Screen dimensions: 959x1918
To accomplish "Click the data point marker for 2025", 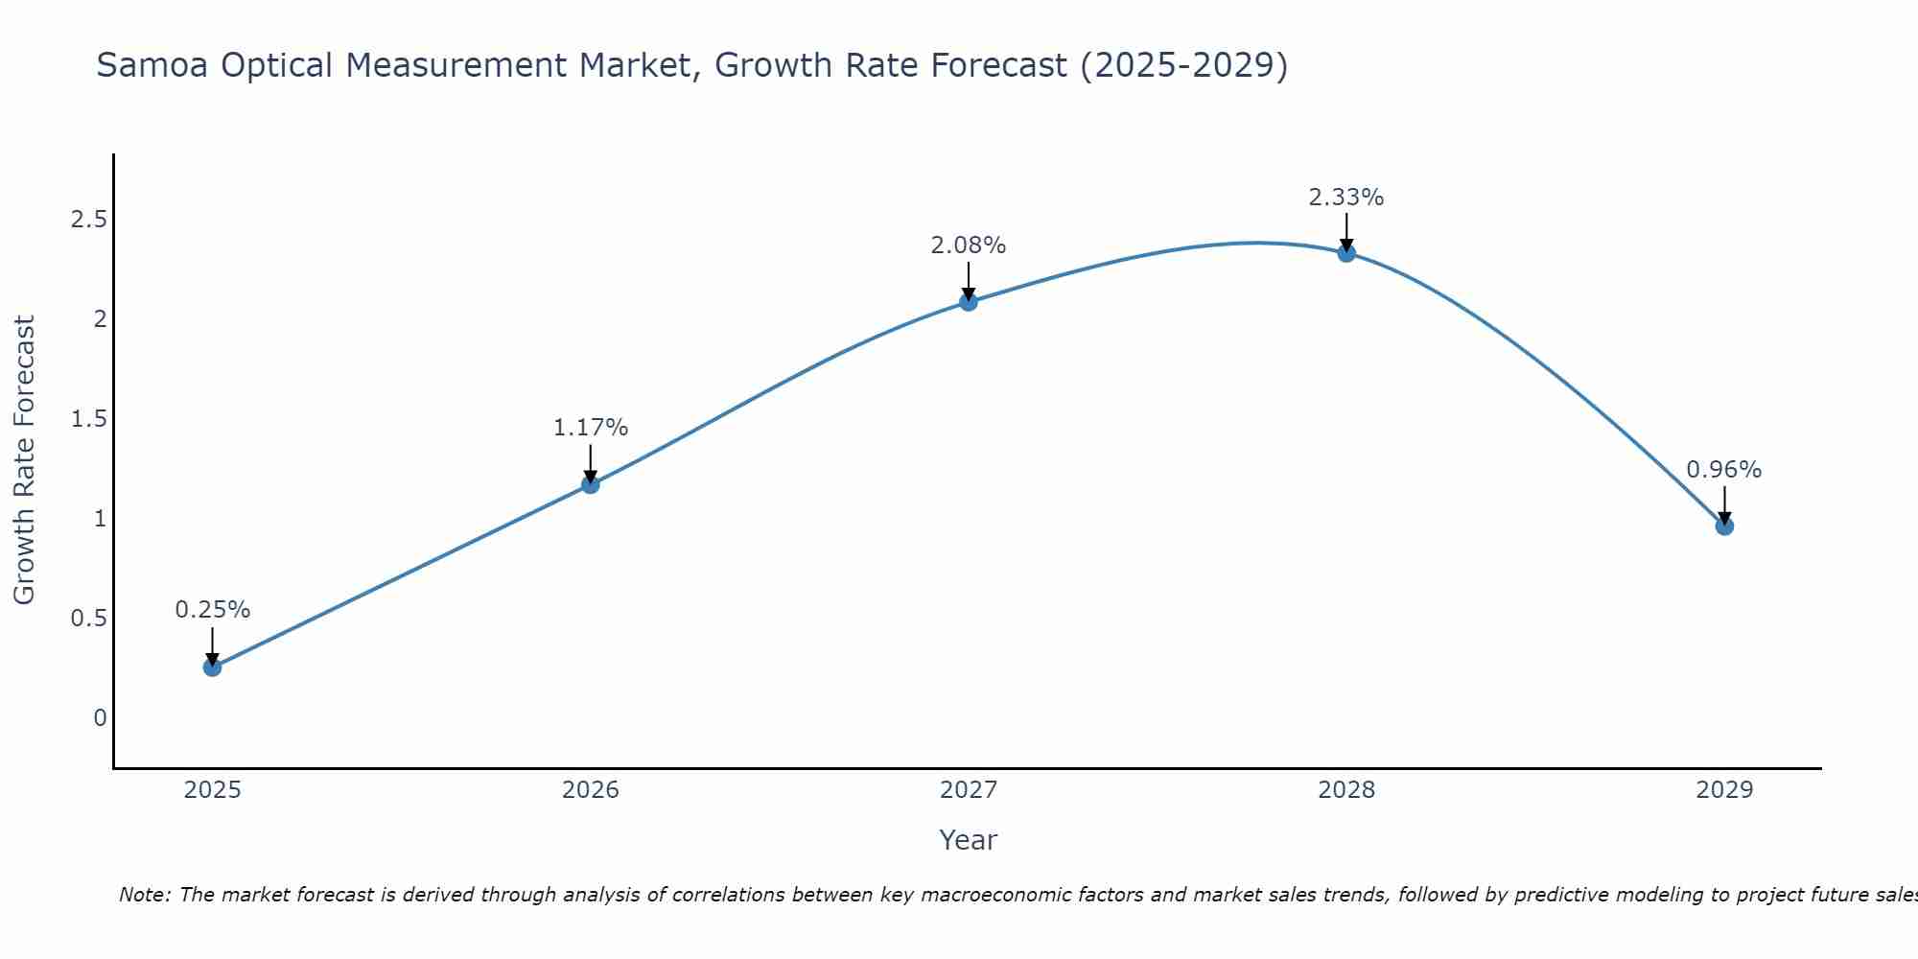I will point(213,667).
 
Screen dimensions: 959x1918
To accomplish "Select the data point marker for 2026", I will point(591,484).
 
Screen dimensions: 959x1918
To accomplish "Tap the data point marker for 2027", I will point(969,302).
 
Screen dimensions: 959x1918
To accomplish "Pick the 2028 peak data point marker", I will point(1346,253).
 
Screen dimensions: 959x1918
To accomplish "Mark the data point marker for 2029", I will point(1724,526).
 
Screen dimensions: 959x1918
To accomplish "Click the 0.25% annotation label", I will point(213,610).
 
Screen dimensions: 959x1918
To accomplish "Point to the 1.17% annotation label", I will point(591,428).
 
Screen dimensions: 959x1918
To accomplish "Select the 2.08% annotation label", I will point(969,246).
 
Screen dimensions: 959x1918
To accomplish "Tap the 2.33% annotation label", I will point(1346,198).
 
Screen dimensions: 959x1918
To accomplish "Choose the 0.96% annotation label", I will point(1724,470).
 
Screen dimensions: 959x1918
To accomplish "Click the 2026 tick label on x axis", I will point(591,790).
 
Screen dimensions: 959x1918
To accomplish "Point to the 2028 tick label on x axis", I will point(1346,790).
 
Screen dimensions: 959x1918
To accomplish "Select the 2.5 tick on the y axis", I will point(88,220).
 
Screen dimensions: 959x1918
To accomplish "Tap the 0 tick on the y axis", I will point(100,717).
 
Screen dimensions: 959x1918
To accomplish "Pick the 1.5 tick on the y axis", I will point(88,419).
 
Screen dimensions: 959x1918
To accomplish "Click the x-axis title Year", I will point(969,840).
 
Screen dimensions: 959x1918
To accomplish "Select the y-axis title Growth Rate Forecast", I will point(24,460).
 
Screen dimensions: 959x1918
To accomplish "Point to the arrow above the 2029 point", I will point(1724,504).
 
